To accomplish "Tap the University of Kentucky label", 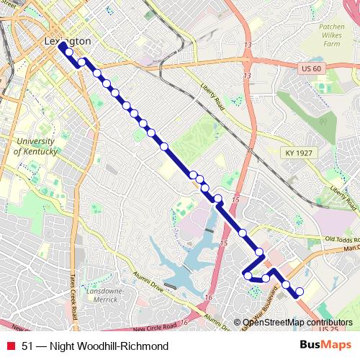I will point(36,147).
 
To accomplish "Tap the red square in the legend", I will point(11,346).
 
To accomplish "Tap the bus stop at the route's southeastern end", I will point(300,292).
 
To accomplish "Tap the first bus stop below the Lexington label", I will point(69,52).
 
